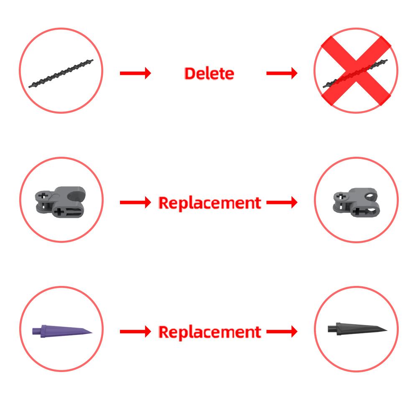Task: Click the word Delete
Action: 209,73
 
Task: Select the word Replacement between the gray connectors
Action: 210,203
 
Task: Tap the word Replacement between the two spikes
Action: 210,332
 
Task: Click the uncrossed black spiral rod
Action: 61,73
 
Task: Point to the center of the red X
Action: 356,70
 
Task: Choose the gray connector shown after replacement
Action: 355,202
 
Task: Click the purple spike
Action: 62,331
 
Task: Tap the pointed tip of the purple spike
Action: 92,332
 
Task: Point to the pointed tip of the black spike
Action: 387,330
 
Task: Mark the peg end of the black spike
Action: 329,329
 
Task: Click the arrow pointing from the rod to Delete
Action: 135,73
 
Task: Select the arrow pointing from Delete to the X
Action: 282,73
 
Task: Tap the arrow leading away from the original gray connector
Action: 135,202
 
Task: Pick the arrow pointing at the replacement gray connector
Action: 282,202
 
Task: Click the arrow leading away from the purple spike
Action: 135,331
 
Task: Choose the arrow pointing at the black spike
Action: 282,331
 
